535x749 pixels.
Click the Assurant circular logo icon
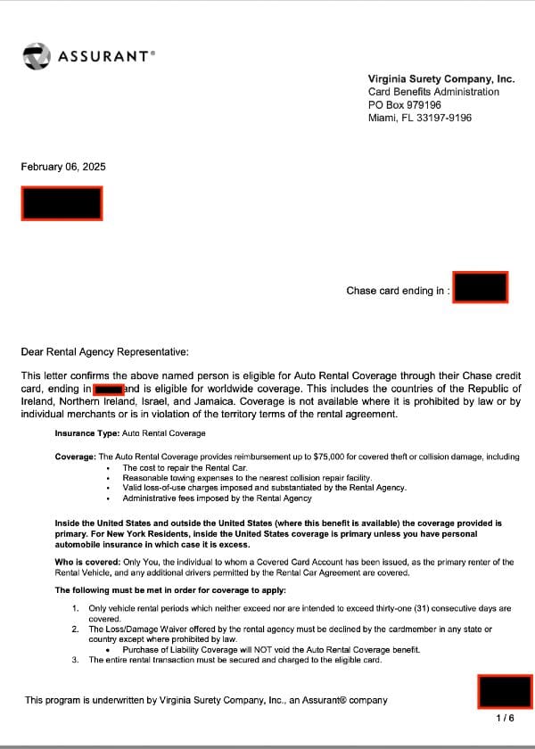[x=37, y=56]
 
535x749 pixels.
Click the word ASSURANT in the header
[x=105, y=56]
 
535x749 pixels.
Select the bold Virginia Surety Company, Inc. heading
[x=440, y=78]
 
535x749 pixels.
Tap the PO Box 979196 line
[x=404, y=104]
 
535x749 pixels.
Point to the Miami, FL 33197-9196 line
[x=419, y=118]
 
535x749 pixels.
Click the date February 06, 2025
[x=62, y=166]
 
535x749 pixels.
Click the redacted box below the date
[x=62, y=203]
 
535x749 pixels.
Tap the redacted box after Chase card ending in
[x=480, y=287]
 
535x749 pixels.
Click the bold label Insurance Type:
[x=86, y=433]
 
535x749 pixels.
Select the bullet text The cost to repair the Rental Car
[x=185, y=467]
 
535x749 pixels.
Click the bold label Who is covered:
[x=87, y=562]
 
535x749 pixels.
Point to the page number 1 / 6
[x=505, y=718]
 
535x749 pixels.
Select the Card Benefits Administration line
[x=433, y=92]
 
